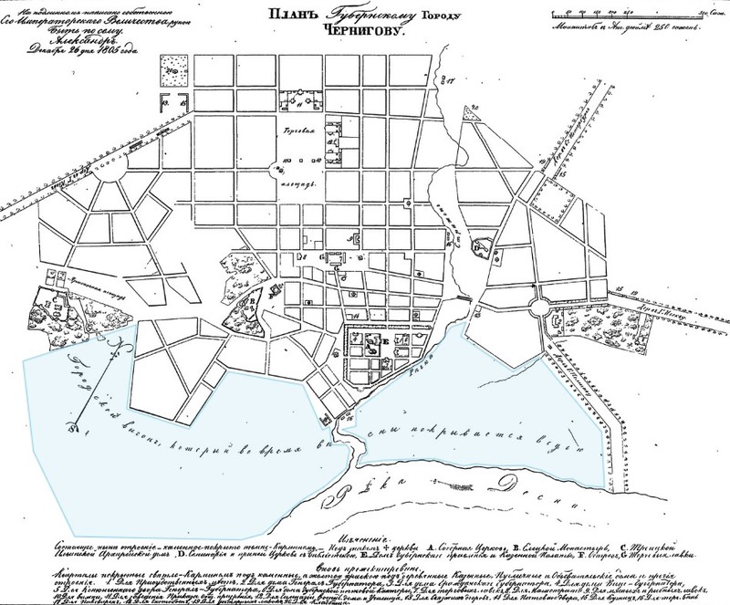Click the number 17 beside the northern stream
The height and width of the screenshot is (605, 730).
[450, 80]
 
